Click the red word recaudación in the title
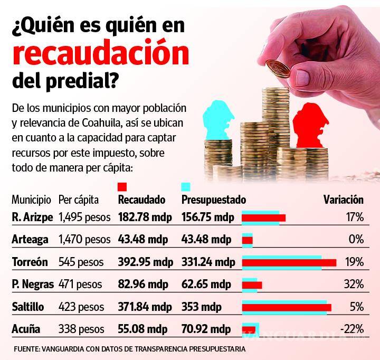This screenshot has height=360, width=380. (100, 54)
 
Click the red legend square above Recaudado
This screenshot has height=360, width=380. (122, 187)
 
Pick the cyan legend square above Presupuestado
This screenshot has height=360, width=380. (185, 187)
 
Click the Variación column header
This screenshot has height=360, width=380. (343, 200)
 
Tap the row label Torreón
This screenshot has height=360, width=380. (30, 262)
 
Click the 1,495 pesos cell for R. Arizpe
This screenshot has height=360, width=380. (84, 217)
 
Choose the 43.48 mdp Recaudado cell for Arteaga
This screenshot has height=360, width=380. (142, 240)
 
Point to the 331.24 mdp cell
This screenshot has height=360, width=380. (208, 262)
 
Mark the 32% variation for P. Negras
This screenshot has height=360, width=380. (353, 285)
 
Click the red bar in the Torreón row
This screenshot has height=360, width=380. (289, 263)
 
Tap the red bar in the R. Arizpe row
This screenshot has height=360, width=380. (263, 217)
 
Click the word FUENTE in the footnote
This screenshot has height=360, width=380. (26, 349)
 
